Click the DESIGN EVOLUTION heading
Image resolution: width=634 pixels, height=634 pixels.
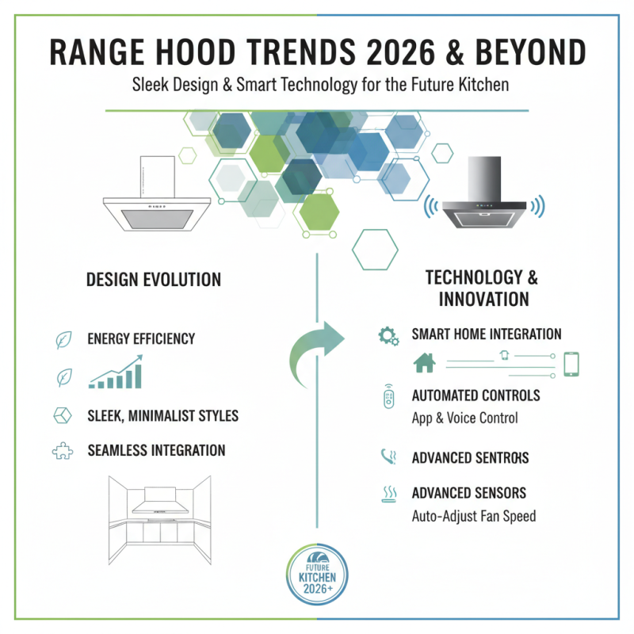(154, 280)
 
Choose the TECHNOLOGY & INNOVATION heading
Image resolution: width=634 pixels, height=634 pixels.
(482, 288)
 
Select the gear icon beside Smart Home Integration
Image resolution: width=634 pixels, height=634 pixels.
(388, 336)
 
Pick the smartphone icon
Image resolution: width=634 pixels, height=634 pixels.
(571, 364)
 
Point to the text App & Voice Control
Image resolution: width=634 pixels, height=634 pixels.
(464, 418)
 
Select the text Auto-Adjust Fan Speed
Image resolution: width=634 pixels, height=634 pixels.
(474, 516)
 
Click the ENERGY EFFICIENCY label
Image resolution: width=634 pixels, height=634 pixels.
(141, 339)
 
